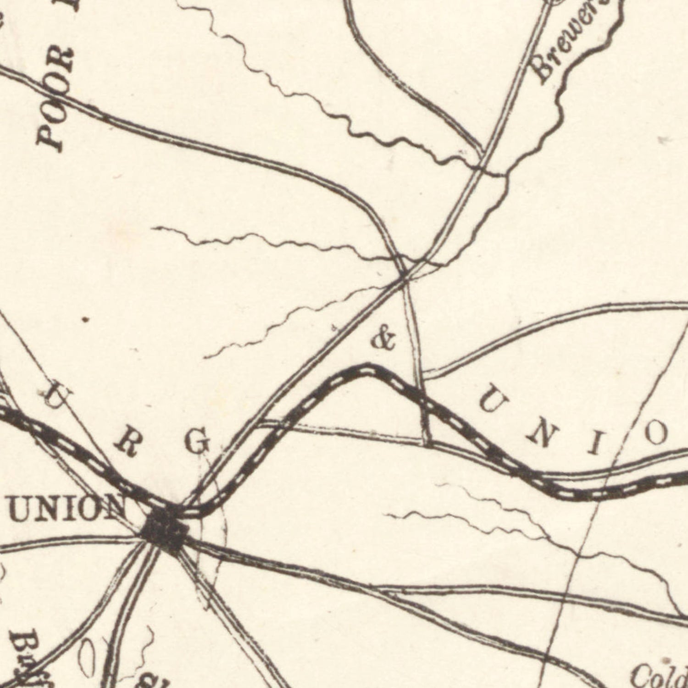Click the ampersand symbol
click(383, 339)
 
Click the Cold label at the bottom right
click(659, 674)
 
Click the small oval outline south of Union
click(87, 658)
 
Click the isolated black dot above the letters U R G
click(83, 320)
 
